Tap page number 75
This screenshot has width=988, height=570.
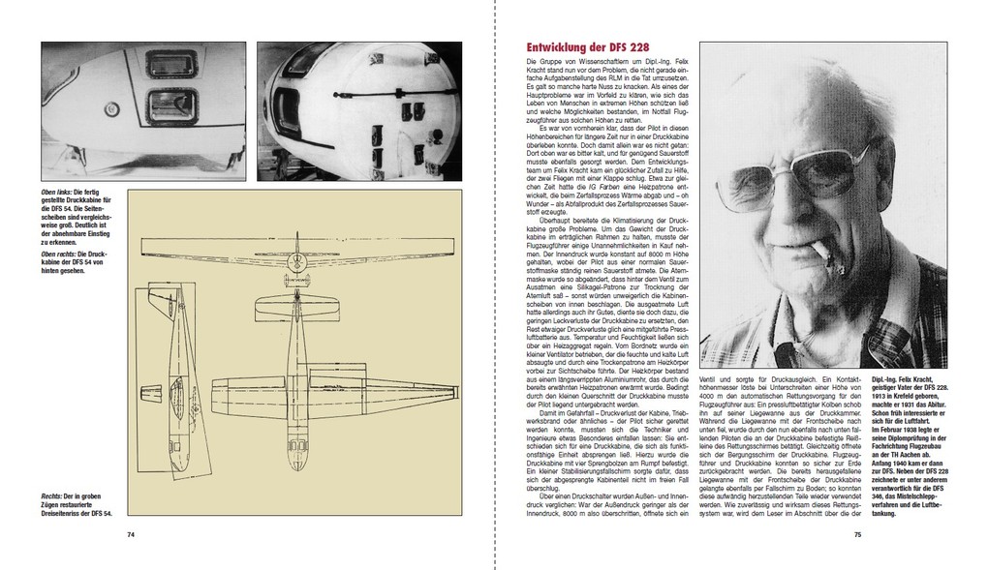[856, 533]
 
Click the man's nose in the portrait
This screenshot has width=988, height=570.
[798, 204]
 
